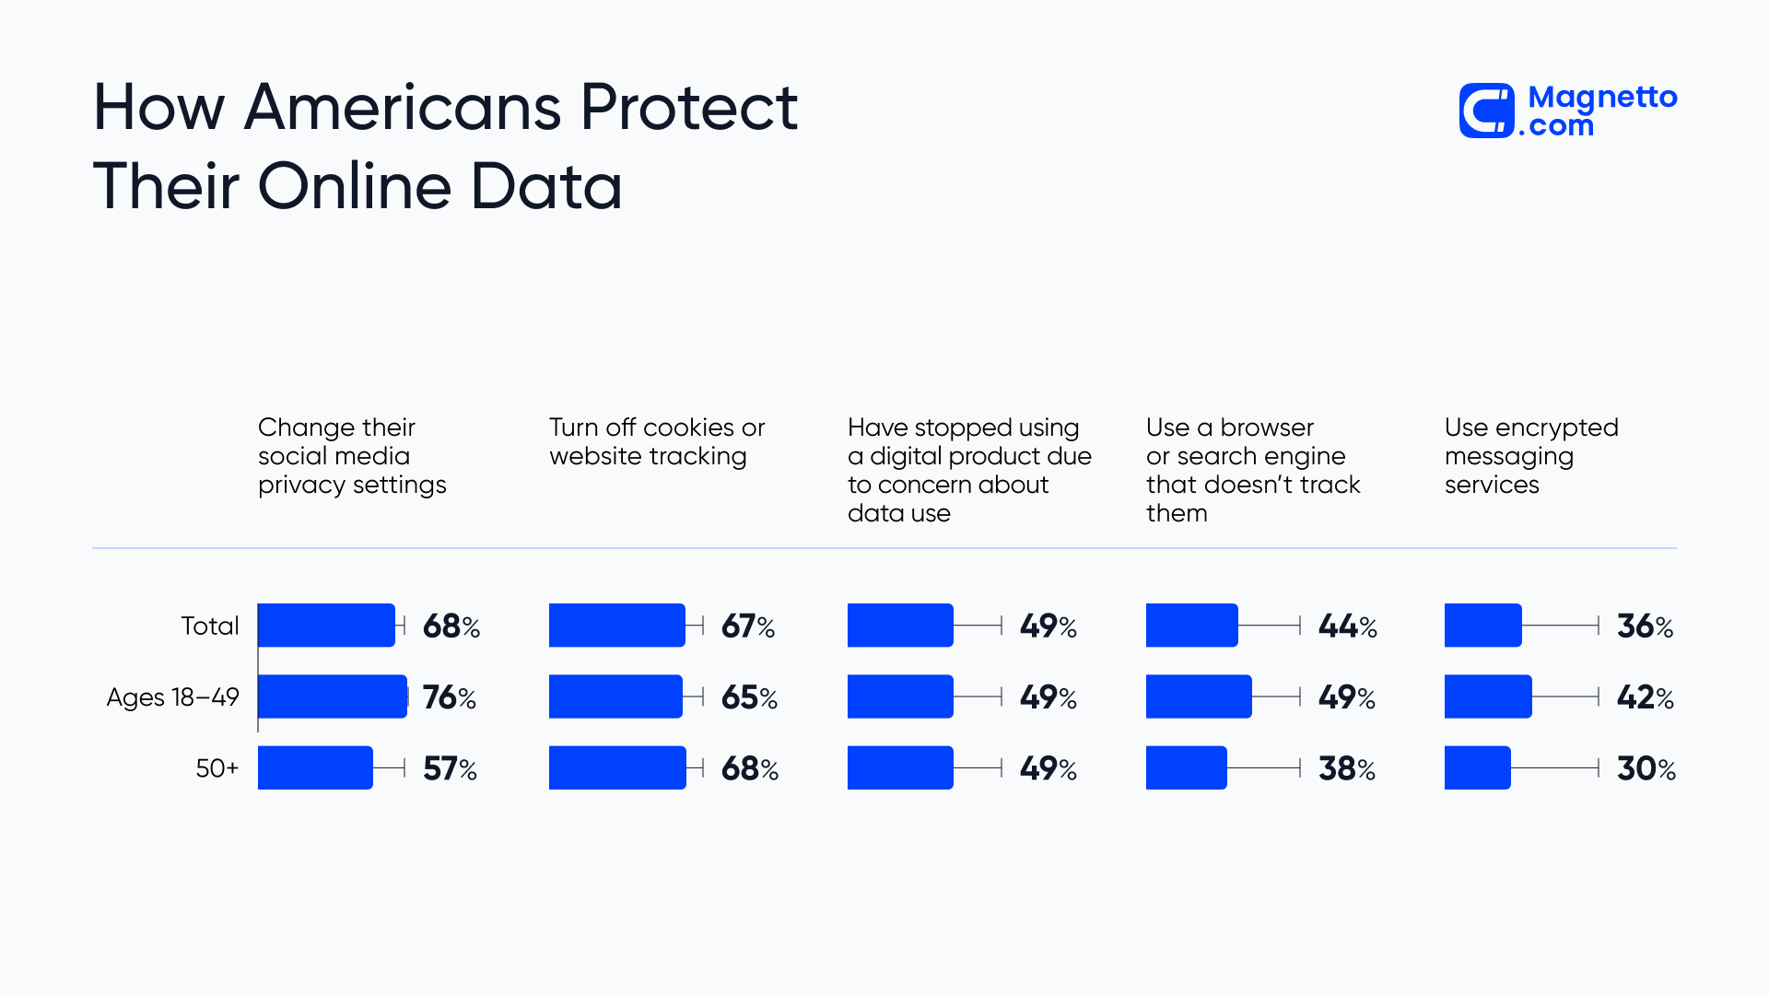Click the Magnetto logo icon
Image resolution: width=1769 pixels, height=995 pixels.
pyautogui.click(x=1486, y=111)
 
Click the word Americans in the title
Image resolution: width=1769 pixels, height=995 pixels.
pyautogui.click(x=403, y=108)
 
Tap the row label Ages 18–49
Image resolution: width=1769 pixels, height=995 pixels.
pyautogui.click(x=172, y=697)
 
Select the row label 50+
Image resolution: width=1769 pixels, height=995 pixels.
pyautogui.click(x=217, y=768)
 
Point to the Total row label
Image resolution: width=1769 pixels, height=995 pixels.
pyautogui.click(x=210, y=626)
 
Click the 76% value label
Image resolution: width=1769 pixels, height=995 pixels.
pyautogui.click(x=450, y=697)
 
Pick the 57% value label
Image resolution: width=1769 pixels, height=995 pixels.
pyautogui.click(x=450, y=768)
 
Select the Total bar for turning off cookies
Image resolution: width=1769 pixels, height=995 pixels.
pyautogui.click(x=616, y=626)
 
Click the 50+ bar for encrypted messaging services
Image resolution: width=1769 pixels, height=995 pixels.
pyautogui.click(x=1477, y=767)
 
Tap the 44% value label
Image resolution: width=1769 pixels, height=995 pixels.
pyautogui.click(x=1347, y=626)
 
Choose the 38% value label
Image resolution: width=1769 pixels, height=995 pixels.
pyautogui.click(x=1346, y=768)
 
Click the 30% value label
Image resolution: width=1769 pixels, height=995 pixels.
pyautogui.click(x=1646, y=768)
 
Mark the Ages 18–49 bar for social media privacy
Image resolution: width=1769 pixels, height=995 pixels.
pyautogui.click(x=332, y=696)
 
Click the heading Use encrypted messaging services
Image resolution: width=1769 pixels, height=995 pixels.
pyautogui.click(x=1530, y=456)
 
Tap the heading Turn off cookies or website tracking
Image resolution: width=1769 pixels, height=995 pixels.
pyautogui.click(x=656, y=441)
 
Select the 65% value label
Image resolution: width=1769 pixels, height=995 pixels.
pyautogui.click(x=749, y=697)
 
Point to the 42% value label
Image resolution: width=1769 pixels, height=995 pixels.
pyautogui.click(x=1645, y=697)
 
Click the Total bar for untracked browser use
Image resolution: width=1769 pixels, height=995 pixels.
pyautogui.click(x=1191, y=626)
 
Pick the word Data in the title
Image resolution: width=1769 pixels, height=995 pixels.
pyautogui.click(x=546, y=187)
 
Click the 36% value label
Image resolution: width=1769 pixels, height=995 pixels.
pyautogui.click(x=1645, y=626)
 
